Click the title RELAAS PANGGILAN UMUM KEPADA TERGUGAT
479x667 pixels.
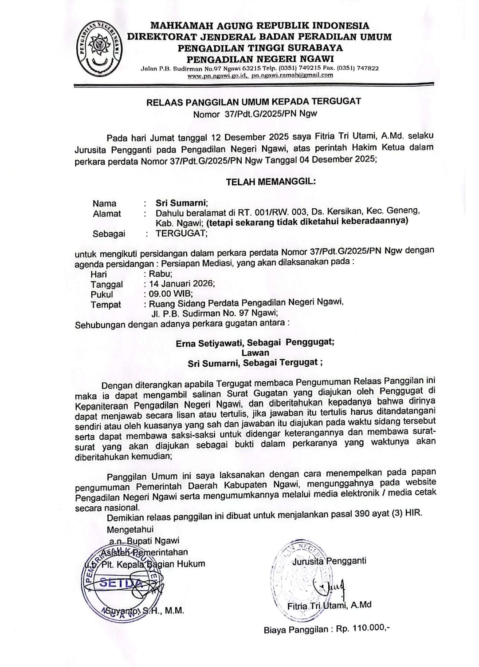coord(254,101)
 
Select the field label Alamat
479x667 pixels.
coord(107,214)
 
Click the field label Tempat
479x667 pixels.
coord(106,305)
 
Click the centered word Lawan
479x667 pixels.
coord(255,353)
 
